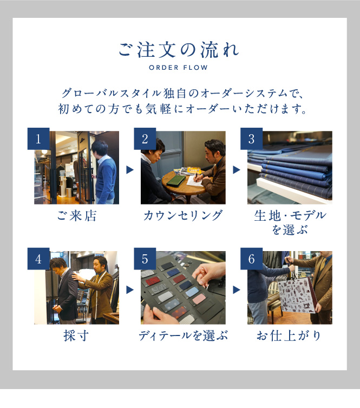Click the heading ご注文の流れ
(x=179, y=50)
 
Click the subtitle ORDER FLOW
(x=178, y=68)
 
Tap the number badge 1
(x=38, y=139)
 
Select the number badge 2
(x=145, y=139)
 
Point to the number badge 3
(x=251, y=139)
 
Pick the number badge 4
(x=38, y=259)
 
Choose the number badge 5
(x=145, y=259)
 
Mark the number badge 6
(x=251, y=259)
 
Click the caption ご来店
(x=77, y=216)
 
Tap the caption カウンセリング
(x=183, y=216)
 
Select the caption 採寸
(x=76, y=335)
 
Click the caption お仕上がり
(x=289, y=335)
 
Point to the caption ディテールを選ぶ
(x=184, y=335)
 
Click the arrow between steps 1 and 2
(x=130, y=170)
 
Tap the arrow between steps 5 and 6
(x=237, y=289)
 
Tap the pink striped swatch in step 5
(x=199, y=299)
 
